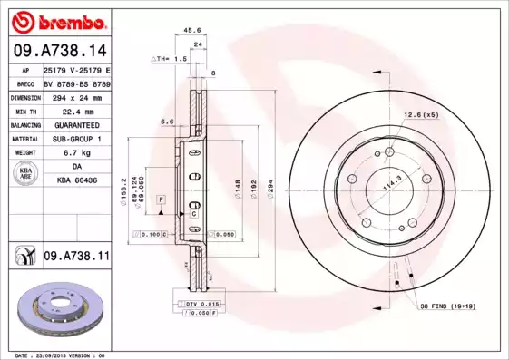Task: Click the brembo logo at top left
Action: coord(57,21)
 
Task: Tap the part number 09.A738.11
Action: coord(76,258)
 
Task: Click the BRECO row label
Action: coord(24,83)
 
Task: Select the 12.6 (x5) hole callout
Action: coord(421,115)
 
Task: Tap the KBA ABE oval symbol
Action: coord(24,174)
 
